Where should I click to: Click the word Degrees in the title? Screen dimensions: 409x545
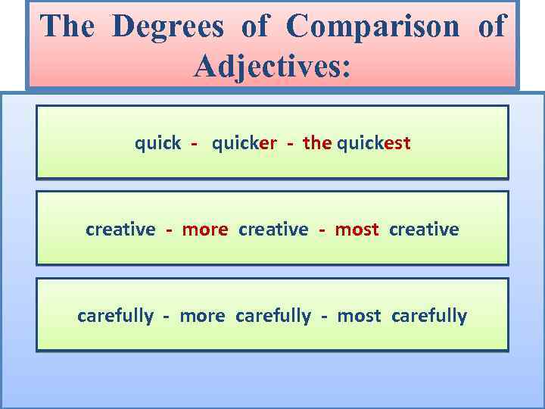[168, 27]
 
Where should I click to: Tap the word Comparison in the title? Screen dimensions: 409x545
[373, 27]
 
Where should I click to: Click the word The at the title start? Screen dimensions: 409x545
[67, 27]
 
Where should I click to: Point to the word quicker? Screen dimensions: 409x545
[244, 142]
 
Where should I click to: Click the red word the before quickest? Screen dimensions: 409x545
[317, 142]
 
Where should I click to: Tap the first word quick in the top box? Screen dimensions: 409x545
[157, 142]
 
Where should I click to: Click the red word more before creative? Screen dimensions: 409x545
[205, 229]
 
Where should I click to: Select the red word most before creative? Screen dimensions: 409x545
[357, 229]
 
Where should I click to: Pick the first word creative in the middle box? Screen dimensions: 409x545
[120, 229]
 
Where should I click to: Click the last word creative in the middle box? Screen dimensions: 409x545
[424, 229]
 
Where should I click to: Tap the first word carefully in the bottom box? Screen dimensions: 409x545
[115, 315]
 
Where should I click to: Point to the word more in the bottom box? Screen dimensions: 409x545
[202, 315]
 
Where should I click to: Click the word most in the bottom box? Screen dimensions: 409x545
[359, 315]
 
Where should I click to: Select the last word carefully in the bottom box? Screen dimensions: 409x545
[429, 315]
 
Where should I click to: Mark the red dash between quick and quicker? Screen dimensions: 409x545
[195, 143]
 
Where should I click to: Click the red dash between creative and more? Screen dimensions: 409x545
[170, 229]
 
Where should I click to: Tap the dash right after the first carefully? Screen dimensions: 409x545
[166, 316]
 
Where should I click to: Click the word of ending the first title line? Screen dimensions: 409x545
[491, 27]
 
